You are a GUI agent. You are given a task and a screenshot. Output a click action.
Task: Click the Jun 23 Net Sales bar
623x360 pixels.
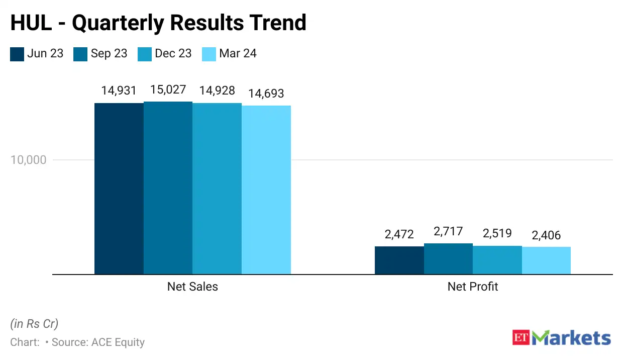click(x=119, y=189)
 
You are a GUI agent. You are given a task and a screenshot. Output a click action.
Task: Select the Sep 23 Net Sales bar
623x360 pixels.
click(x=168, y=188)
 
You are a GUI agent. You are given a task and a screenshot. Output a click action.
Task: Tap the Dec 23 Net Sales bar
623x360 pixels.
click(x=217, y=189)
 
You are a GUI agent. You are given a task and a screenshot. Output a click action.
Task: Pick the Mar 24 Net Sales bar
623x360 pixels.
click(x=266, y=190)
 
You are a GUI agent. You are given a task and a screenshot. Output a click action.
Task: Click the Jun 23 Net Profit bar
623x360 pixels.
click(x=399, y=260)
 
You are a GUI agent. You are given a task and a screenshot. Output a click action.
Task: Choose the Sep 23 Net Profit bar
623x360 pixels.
click(x=448, y=259)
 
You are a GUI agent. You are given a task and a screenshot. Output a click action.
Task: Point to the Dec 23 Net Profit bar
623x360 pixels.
click(x=497, y=260)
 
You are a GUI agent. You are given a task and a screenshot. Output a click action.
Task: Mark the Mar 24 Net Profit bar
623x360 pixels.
click(x=546, y=260)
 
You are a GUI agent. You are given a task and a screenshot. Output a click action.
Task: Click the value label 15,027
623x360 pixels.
click(x=168, y=90)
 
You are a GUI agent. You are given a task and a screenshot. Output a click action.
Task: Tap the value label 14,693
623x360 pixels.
click(x=266, y=94)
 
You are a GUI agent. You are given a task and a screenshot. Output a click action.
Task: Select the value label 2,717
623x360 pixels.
click(x=448, y=231)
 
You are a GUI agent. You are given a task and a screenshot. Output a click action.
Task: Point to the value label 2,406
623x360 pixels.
click(x=546, y=235)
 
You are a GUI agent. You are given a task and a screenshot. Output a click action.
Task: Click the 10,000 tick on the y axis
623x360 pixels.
click(x=28, y=160)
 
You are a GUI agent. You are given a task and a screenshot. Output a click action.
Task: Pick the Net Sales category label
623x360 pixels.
click(x=192, y=287)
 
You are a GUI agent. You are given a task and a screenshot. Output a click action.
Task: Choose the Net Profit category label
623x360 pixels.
click(x=473, y=287)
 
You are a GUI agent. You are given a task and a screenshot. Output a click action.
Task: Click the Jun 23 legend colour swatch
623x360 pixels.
click(x=17, y=54)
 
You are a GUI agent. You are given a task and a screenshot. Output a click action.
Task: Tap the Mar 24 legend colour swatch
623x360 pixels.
click(x=209, y=54)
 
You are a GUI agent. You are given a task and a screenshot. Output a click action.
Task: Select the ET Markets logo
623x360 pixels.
click(x=561, y=337)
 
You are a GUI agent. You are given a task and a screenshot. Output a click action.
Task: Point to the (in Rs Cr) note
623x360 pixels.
click(x=34, y=324)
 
